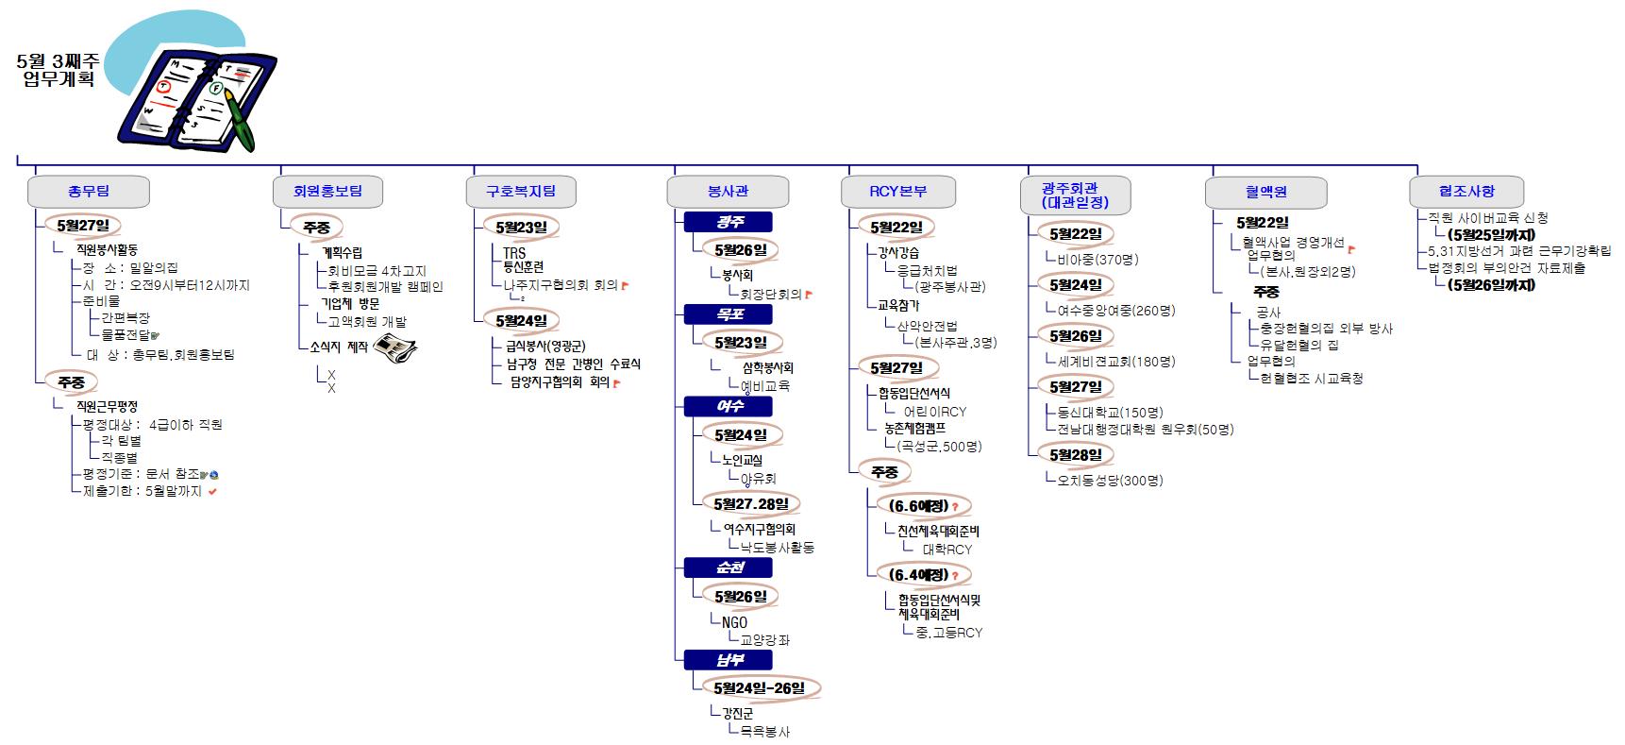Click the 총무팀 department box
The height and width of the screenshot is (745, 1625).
(89, 191)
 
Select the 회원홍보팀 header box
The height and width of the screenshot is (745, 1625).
(327, 191)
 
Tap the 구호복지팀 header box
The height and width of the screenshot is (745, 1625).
(521, 191)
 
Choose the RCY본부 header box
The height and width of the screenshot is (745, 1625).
(897, 191)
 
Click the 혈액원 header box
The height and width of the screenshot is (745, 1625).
(1265, 192)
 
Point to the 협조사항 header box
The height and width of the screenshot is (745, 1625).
(1466, 191)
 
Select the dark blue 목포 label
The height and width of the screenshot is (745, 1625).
(729, 314)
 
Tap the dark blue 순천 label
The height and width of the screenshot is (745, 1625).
(729, 567)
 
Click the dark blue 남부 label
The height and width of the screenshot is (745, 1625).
(729, 659)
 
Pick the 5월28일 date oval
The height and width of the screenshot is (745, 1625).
(1076, 454)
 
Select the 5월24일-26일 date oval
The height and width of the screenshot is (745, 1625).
(760, 687)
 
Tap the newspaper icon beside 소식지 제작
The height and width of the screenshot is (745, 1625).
(394, 347)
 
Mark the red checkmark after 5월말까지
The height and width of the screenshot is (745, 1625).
(213, 491)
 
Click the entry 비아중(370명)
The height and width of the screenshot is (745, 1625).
(1097, 259)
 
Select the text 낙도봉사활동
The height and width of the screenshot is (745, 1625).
(777, 547)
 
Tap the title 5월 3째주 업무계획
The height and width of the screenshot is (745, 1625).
(59, 70)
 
